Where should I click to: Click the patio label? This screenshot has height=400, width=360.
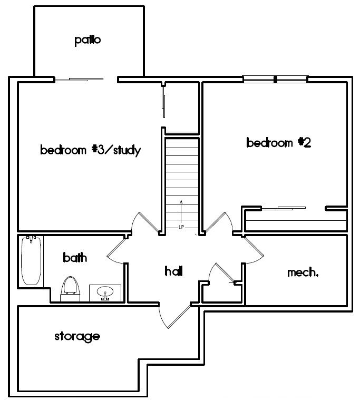tap(87, 40)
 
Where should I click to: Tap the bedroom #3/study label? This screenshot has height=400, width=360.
tap(90, 150)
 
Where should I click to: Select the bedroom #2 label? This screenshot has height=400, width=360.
tap(278, 142)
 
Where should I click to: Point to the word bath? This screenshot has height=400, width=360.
tap(75, 258)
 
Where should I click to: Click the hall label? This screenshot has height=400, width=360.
tap(173, 271)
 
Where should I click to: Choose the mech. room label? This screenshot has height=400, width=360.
tap(303, 272)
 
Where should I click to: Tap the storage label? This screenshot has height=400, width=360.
tap(77, 336)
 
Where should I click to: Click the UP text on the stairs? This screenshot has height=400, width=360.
tap(181, 227)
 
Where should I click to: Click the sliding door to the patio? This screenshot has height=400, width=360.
tap(79, 79)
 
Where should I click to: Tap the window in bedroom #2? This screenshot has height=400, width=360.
tap(275, 80)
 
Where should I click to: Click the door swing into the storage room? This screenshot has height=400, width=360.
tap(174, 316)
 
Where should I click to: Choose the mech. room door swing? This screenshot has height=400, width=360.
tap(253, 250)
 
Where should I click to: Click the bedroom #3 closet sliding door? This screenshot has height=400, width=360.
tap(164, 103)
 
